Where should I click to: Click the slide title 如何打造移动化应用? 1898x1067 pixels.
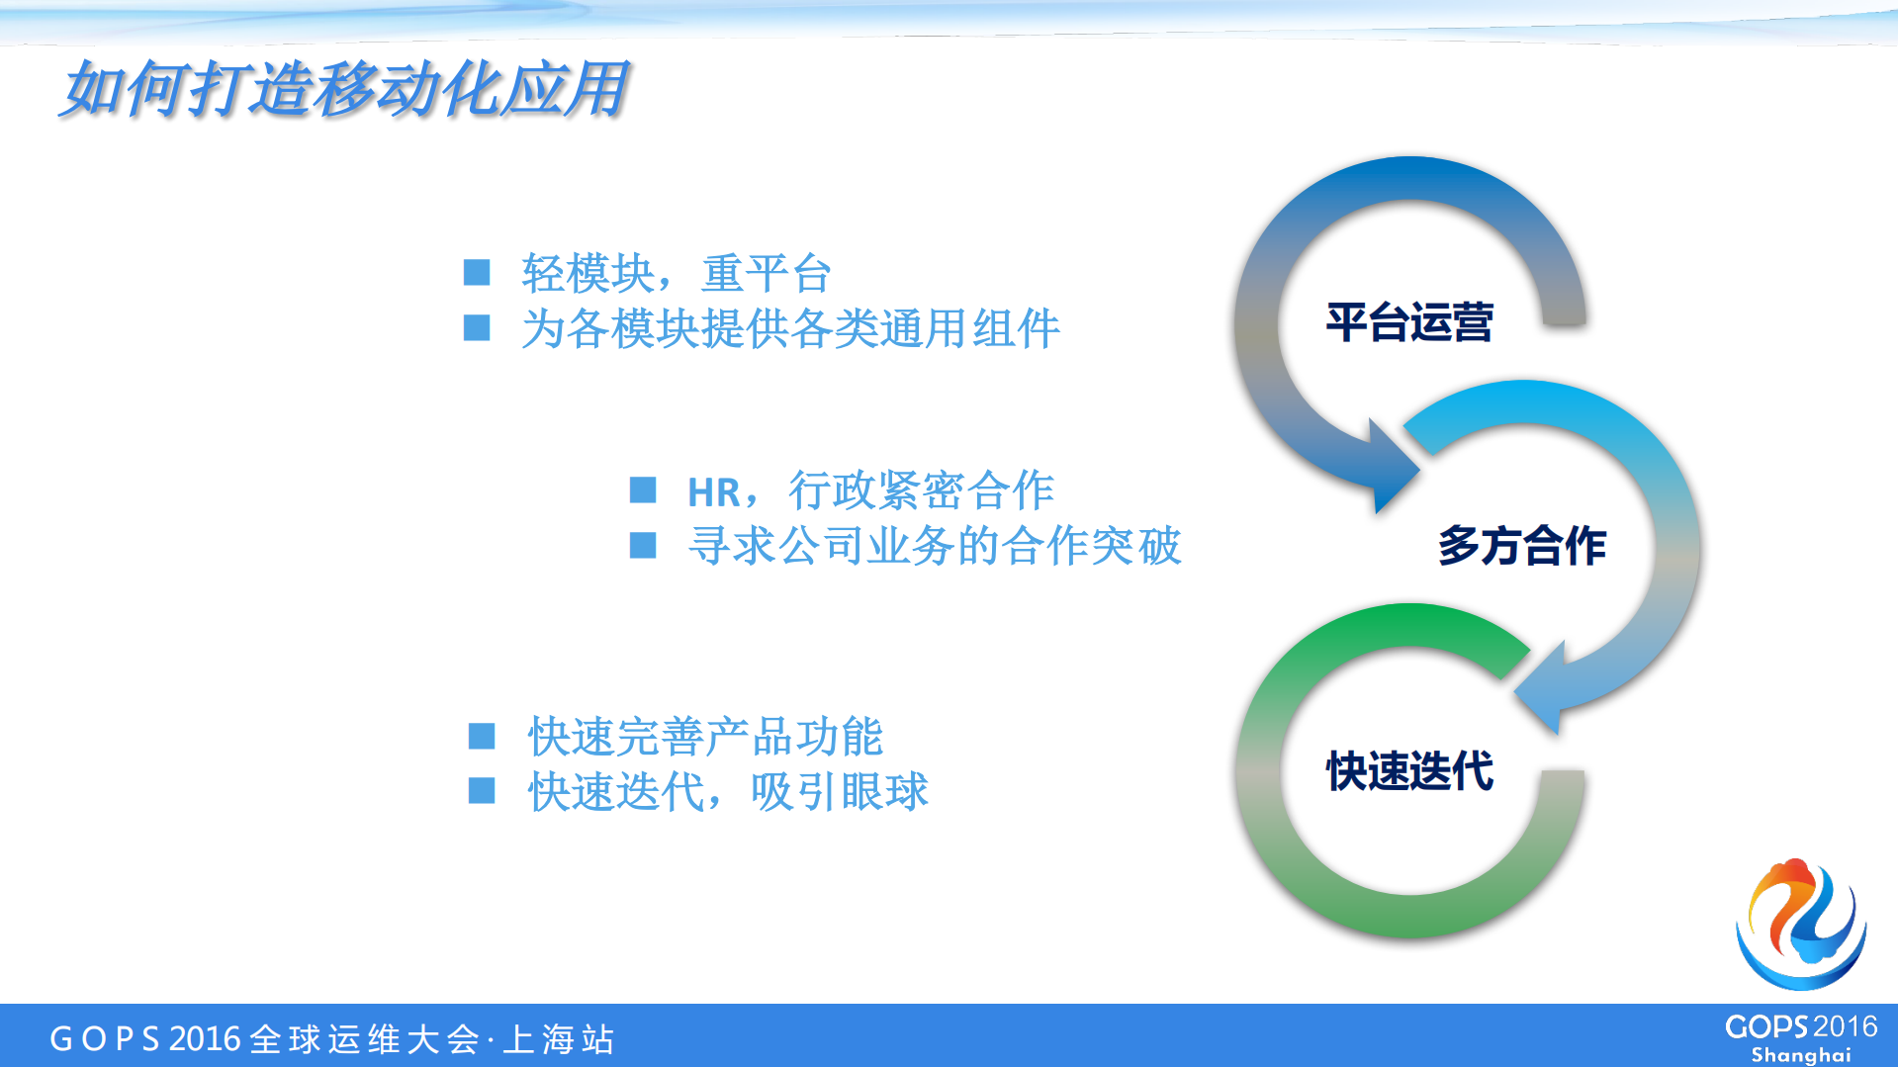pyautogui.click(x=344, y=89)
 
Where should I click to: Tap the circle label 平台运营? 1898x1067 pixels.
pyautogui.click(x=1408, y=322)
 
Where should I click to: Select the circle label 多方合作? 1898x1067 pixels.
pyautogui.click(x=1521, y=546)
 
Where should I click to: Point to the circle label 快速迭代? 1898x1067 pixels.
pyautogui.click(x=1408, y=770)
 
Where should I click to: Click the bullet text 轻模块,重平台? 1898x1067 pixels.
pyautogui.click(x=676, y=273)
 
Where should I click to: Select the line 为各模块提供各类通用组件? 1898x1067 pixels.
pyautogui.click(x=789, y=328)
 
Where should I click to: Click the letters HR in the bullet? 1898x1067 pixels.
pyautogui.click(x=713, y=491)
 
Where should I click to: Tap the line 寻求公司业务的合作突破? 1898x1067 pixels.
pyautogui.click(x=934, y=546)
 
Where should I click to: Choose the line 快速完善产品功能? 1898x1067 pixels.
pyautogui.click(x=704, y=737)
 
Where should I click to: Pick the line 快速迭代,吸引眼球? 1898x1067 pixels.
pyautogui.click(x=727, y=791)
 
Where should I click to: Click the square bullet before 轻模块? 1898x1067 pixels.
pyautogui.click(x=477, y=272)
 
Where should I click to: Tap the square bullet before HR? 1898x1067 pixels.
pyautogui.click(x=643, y=489)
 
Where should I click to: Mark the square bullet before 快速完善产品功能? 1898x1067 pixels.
pyautogui.click(x=482, y=736)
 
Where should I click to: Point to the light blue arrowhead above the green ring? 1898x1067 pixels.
pyautogui.click(x=1543, y=689)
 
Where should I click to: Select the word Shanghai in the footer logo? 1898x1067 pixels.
pyautogui.click(x=1800, y=1054)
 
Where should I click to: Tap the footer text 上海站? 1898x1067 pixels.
pyautogui.click(x=559, y=1039)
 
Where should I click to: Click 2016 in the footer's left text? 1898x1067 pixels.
pyautogui.click(x=205, y=1039)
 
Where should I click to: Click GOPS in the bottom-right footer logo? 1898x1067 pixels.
pyautogui.click(x=1766, y=1027)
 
